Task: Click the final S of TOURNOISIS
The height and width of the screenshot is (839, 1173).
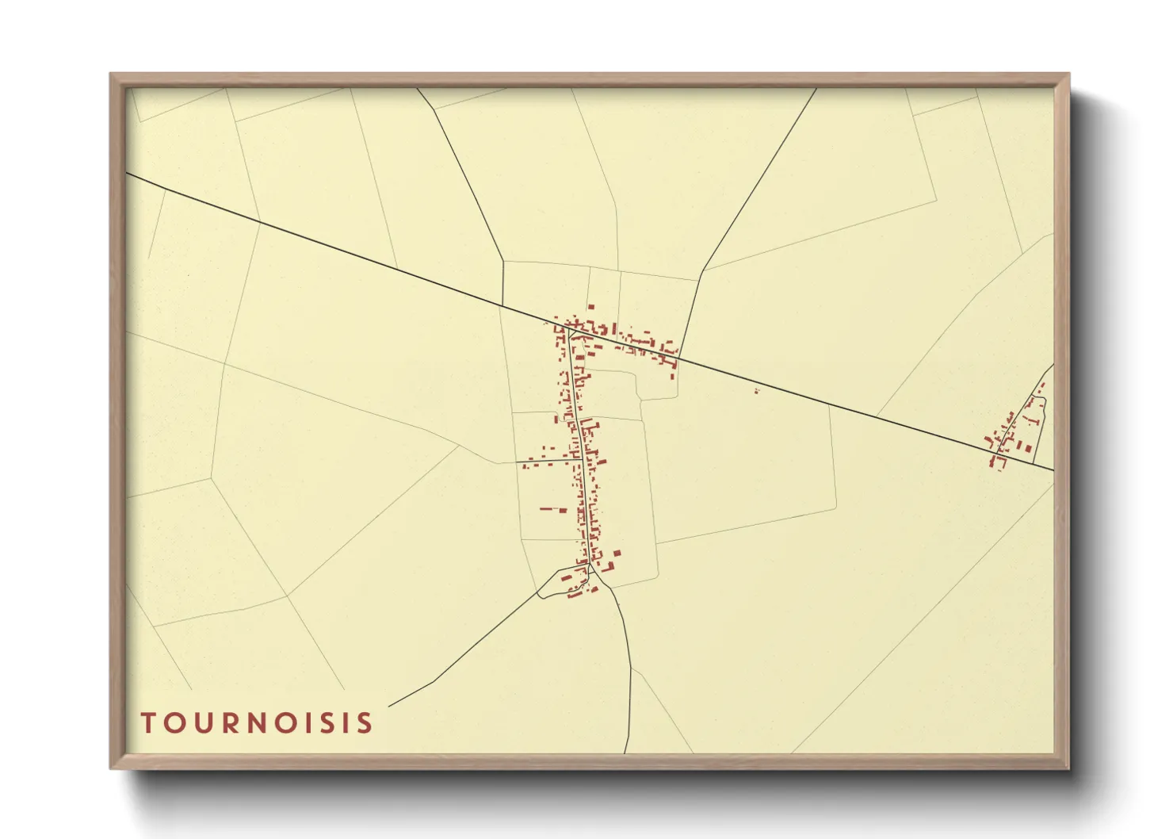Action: tap(365, 723)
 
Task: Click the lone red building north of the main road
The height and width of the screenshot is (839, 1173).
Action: tap(590, 306)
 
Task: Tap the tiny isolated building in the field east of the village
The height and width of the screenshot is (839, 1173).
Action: tap(756, 389)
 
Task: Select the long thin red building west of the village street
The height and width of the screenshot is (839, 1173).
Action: tap(548, 508)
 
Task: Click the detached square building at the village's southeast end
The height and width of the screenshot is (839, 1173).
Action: tap(617, 553)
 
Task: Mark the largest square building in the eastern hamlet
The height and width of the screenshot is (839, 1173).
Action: tap(1028, 449)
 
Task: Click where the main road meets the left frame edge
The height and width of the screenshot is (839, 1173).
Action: tap(127, 174)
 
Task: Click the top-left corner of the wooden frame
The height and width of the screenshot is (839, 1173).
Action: tap(111, 75)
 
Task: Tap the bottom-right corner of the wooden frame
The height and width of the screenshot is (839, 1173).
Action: tap(1068, 768)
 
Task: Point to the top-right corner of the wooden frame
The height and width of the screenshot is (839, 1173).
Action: tap(1068, 75)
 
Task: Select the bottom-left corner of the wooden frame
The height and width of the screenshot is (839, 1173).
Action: tap(111, 768)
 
